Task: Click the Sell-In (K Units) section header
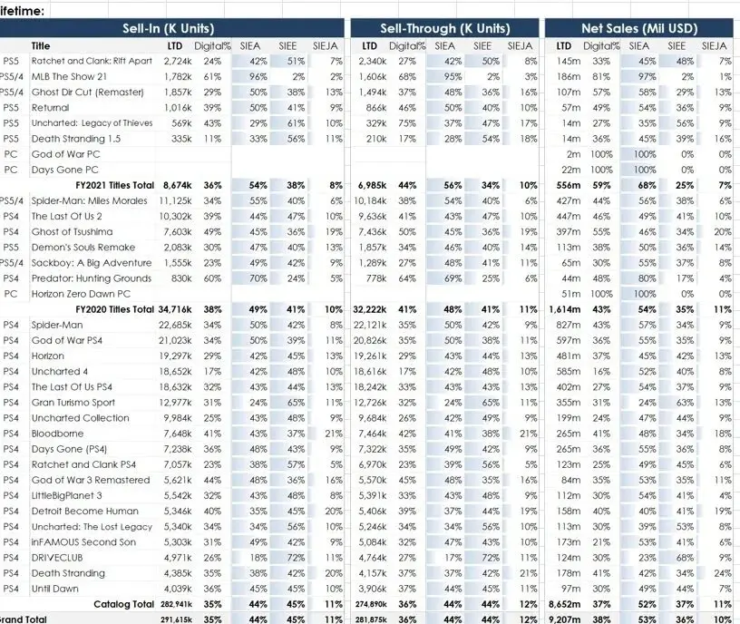coord(169,28)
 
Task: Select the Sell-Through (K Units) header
coord(445,28)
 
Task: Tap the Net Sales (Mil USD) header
coord(639,28)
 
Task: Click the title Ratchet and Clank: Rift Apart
coord(92,61)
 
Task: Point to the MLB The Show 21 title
coord(69,76)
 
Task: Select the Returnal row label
coord(50,108)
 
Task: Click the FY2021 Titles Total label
coord(114,185)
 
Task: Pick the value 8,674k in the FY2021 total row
coord(178,185)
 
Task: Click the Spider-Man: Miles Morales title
coord(89,200)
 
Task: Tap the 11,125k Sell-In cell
coord(175,200)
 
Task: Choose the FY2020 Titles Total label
coord(114,309)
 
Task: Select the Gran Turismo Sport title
coord(73,402)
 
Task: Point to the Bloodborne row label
coord(57,434)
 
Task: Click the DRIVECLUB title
coord(56,558)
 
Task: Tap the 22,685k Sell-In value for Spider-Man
coord(175,325)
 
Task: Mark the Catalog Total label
coord(123,604)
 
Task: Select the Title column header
coord(41,45)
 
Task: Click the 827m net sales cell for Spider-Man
coord(569,325)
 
